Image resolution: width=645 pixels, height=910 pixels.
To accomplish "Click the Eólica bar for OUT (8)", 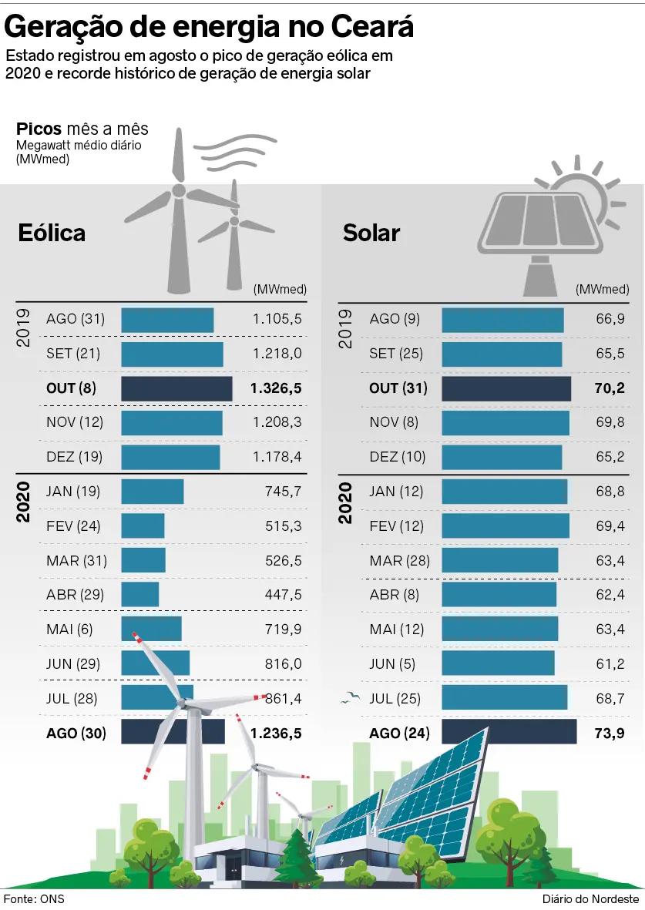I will [x=176, y=388].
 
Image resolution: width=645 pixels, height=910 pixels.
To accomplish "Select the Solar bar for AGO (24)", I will [x=509, y=732].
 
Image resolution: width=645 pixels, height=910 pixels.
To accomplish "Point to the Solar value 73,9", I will [x=609, y=733].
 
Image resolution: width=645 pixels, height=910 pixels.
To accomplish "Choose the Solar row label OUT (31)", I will [x=398, y=388].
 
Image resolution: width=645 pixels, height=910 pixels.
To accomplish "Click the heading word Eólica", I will [x=52, y=233].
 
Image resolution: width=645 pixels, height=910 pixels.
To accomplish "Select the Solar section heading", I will [x=371, y=233].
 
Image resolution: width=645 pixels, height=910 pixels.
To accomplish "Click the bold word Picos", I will [x=39, y=129].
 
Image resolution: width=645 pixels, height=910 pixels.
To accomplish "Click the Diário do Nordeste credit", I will [x=590, y=899].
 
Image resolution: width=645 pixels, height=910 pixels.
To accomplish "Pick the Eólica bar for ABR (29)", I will [x=139, y=595].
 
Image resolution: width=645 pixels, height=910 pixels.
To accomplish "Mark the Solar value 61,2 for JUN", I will [x=609, y=664].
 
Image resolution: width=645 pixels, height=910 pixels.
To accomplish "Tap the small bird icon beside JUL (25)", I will [x=351, y=698].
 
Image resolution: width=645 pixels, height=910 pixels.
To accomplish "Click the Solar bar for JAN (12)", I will [x=504, y=492].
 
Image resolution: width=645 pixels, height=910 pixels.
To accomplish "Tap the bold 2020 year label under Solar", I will [x=346, y=502].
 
